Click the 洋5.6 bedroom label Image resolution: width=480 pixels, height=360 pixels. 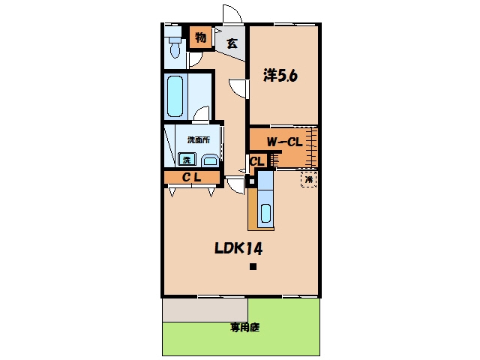click(280, 75)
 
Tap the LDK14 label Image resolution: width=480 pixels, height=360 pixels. click(238, 248)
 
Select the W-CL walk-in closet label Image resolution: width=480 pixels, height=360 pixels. click(284, 142)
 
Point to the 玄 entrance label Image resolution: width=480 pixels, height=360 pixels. click(232, 43)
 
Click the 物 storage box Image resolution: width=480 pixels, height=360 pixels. click(200, 37)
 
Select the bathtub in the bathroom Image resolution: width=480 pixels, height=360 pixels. click(175, 96)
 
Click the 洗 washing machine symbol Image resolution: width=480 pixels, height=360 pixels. click(187, 159)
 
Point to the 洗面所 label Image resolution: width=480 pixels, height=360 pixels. click(199, 140)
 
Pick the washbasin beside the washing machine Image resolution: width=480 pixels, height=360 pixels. click(210, 160)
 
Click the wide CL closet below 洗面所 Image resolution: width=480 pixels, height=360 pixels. click(192, 177)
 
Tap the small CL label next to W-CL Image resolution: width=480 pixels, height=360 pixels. click(257, 161)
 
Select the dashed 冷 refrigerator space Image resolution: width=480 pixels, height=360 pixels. click(308, 180)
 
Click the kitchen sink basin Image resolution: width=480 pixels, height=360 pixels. click(265, 213)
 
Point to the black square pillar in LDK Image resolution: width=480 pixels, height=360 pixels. click(253, 267)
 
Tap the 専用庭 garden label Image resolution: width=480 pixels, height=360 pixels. click(244, 328)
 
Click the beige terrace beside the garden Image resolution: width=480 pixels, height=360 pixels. click(205, 310)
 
